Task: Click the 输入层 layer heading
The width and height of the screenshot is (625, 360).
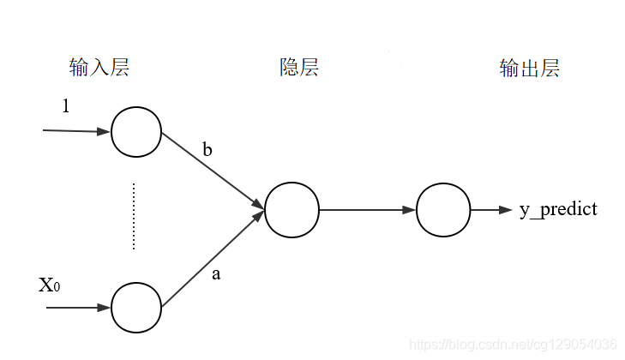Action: tap(99, 68)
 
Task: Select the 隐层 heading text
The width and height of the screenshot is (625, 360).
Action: tap(299, 68)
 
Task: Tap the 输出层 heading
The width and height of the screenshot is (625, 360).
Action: tap(529, 69)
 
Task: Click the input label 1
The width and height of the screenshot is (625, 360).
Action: tap(66, 106)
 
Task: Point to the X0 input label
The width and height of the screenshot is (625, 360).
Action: tap(49, 285)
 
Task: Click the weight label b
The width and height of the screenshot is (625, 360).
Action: tap(207, 150)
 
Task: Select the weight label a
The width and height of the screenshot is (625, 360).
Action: tap(215, 274)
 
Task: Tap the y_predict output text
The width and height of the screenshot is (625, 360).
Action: tap(558, 209)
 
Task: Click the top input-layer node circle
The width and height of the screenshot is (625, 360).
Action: tap(136, 132)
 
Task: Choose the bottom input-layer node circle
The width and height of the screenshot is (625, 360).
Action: tap(136, 306)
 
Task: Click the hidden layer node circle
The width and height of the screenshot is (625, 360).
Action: tap(291, 210)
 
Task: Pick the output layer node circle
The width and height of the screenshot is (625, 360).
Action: tap(443, 210)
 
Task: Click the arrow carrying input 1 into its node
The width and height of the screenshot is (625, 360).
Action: tap(77, 131)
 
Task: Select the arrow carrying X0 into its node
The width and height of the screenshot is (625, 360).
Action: tap(78, 306)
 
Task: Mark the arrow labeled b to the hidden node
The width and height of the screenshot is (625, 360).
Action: tap(213, 170)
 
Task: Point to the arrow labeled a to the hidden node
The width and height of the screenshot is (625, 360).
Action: tap(213, 258)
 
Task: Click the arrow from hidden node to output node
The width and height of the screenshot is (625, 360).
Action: tap(367, 210)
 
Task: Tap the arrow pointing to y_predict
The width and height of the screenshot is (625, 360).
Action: tap(491, 210)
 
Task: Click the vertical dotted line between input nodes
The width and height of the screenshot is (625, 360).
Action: tap(134, 215)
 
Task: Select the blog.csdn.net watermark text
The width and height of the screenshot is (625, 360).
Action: tap(514, 344)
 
